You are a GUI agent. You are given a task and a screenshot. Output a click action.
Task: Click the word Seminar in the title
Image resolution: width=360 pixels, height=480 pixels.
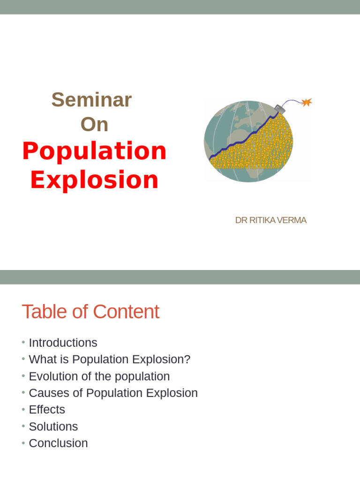91,100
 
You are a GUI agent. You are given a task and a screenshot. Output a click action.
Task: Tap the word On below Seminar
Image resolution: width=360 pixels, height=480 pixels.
94,125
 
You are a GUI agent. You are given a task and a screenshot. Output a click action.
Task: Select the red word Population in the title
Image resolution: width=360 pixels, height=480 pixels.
94,151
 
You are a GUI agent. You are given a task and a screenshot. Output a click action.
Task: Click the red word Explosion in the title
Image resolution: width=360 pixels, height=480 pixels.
94,180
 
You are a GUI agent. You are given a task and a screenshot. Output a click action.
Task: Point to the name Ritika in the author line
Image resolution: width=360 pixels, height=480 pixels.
262,220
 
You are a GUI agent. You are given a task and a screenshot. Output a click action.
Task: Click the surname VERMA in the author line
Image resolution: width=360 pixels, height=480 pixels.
292,220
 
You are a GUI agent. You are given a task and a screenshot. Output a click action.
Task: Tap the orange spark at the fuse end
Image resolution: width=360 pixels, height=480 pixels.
307,102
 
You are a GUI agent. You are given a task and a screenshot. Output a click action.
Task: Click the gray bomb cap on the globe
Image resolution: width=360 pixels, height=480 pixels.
280,108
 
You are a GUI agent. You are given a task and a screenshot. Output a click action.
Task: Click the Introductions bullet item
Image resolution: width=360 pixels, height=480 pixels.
63,343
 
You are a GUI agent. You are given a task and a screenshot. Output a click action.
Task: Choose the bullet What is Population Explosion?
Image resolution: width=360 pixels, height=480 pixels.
109,360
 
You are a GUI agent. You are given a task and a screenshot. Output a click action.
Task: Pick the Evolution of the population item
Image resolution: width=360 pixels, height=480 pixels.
99,376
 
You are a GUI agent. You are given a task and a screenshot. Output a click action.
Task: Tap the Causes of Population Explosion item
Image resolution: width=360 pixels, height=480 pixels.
113,393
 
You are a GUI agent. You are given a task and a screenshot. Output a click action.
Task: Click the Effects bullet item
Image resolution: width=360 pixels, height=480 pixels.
47,410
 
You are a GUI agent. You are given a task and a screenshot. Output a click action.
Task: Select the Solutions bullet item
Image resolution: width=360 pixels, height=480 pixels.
53,427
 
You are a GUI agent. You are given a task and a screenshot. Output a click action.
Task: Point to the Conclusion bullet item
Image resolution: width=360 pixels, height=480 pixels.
58,443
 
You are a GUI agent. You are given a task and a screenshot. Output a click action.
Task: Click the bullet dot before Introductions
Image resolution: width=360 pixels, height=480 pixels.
23,343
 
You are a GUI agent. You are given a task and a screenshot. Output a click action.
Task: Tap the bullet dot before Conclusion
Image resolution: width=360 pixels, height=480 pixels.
23,443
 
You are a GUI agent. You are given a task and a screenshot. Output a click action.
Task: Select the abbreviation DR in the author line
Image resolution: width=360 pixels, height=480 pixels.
241,220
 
